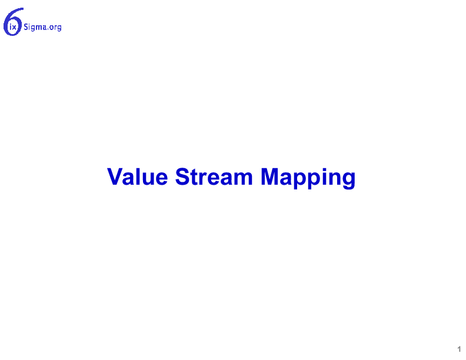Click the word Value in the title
[x=138, y=176]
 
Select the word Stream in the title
[x=214, y=176]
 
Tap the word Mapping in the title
[x=308, y=178]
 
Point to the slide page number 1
[x=459, y=349]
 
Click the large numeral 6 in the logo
[x=6, y=22]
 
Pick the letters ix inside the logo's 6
[x=13, y=28]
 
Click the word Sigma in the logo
[x=35, y=27]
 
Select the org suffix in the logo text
[x=55, y=28]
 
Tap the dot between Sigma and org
[x=48, y=29]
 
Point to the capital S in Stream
[x=183, y=176]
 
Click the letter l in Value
[x=139, y=176]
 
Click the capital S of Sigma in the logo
[x=26, y=27]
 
